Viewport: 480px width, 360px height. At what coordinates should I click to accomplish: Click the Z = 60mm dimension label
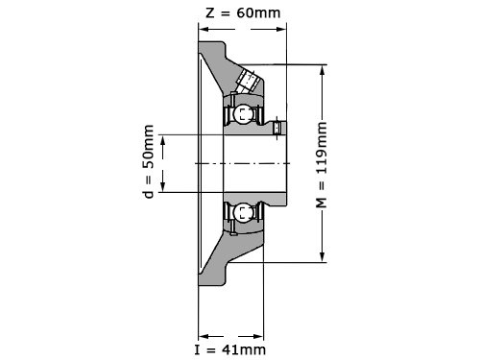tap(243, 12)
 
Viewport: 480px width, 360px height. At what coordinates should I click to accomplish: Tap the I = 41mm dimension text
tap(230, 349)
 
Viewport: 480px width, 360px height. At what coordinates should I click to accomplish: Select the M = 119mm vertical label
tap(322, 164)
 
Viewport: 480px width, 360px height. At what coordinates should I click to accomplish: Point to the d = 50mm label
tap(149, 161)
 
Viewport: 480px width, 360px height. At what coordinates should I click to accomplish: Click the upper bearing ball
tap(243, 114)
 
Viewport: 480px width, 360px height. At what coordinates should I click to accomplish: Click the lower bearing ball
tap(243, 212)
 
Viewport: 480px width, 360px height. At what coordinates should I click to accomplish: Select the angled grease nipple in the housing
tap(247, 81)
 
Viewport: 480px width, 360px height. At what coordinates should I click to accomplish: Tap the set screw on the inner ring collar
tap(277, 128)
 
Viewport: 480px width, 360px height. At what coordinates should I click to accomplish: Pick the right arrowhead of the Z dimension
tap(281, 30)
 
